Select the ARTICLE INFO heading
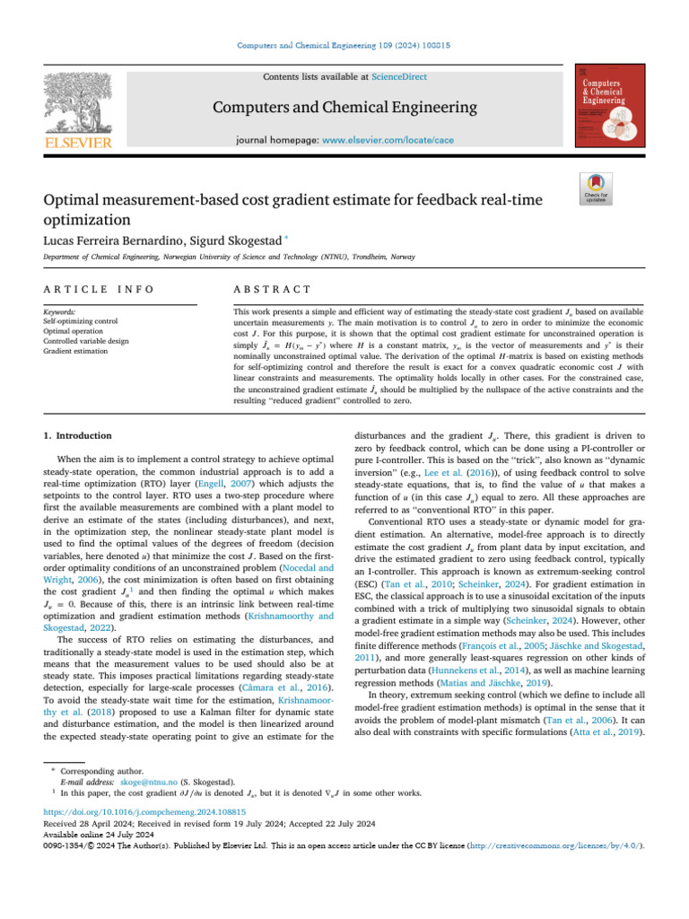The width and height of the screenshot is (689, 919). pos(99,289)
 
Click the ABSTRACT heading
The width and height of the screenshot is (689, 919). pos(272,289)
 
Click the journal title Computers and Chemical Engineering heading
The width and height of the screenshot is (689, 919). pos(344,109)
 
